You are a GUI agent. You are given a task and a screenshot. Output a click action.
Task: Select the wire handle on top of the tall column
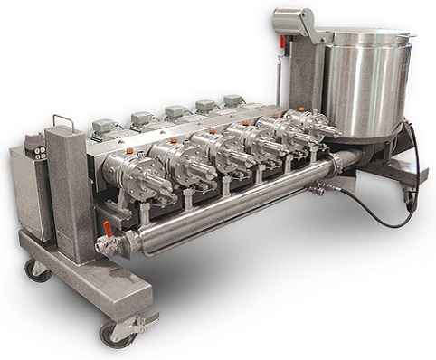tap(64, 120)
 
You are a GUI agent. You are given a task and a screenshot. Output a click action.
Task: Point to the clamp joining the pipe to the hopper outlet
tap(336, 162)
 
